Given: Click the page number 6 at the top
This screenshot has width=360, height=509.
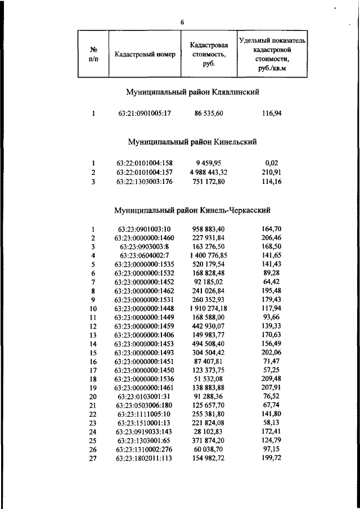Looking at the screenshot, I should click(x=182, y=22).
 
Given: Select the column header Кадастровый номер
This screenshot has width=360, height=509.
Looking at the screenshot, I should click(x=145, y=55).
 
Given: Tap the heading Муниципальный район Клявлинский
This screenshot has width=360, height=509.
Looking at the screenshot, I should click(x=193, y=91).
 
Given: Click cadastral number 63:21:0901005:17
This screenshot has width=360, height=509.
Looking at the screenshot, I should click(x=145, y=114).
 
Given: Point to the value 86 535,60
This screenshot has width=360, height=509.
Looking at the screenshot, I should click(x=209, y=114).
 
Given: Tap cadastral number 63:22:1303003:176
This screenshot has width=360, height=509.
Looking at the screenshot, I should click(x=145, y=181).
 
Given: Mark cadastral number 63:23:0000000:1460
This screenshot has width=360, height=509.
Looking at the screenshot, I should click(x=145, y=238).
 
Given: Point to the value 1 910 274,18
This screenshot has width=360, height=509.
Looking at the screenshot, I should click(x=208, y=308).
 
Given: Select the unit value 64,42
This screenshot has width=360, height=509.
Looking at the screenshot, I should click(x=272, y=282).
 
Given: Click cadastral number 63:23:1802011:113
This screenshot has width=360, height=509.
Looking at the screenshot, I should click(x=145, y=458).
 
